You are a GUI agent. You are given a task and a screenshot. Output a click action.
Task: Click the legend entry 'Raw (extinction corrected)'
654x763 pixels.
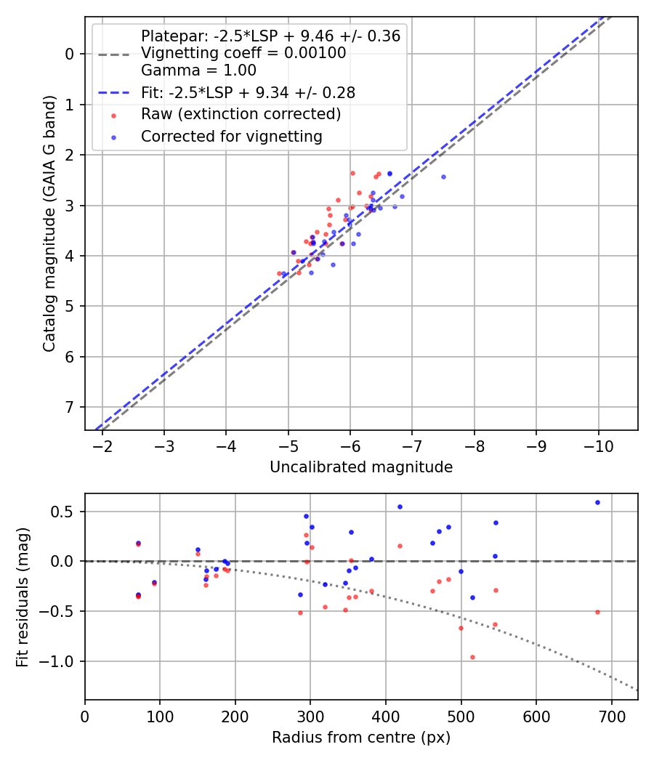click(x=241, y=114)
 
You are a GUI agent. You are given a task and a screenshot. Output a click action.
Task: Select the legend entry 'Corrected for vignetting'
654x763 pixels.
click(x=232, y=136)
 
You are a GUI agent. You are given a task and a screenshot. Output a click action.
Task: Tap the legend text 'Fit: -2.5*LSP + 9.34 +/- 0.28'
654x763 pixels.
click(x=248, y=92)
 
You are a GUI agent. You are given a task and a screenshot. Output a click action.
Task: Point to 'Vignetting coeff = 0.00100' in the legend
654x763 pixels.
click(x=243, y=53)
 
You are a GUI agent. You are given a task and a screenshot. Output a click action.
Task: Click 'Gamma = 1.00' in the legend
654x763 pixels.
click(x=198, y=70)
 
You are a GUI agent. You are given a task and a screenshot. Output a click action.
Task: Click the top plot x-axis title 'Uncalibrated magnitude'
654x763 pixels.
click(x=361, y=467)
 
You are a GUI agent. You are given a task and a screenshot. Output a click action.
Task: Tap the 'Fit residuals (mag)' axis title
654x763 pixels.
click(x=23, y=597)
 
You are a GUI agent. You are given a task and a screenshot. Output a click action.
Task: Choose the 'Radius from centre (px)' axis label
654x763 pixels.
click(x=361, y=738)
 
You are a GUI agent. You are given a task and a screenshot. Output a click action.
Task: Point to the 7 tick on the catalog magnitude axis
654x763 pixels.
click(x=70, y=407)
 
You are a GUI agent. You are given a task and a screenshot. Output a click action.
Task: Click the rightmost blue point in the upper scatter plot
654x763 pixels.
click(x=443, y=177)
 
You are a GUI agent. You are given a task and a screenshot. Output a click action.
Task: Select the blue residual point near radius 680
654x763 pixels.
click(x=597, y=502)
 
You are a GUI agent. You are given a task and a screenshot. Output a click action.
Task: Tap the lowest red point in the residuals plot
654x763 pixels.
click(x=472, y=657)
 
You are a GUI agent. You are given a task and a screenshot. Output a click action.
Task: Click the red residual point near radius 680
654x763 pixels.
click(x=597, y=612)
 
